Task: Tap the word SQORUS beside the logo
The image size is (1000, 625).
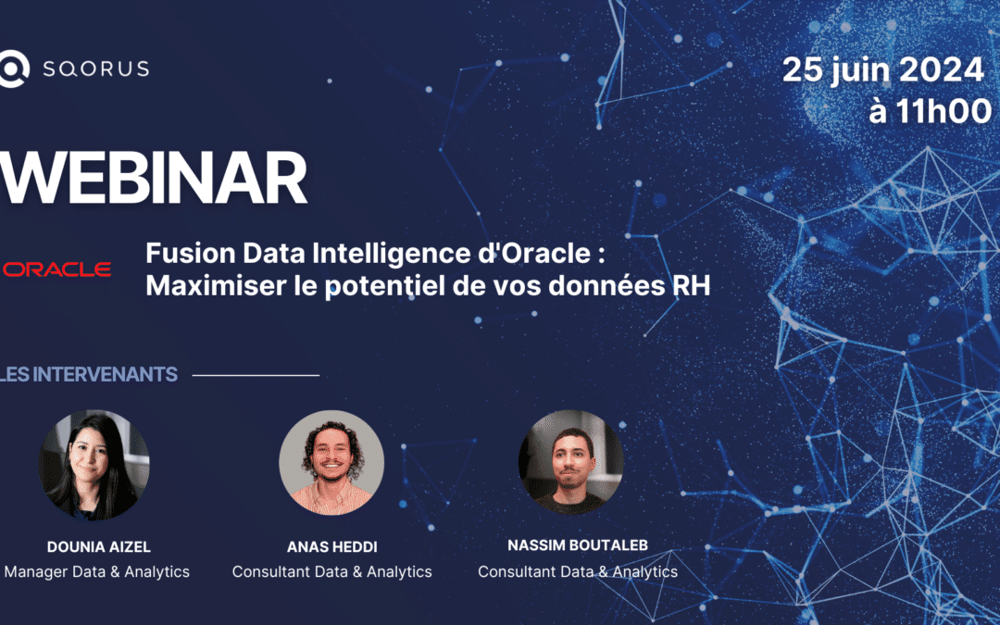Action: (96, 69)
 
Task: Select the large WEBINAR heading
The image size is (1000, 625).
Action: (154, 178)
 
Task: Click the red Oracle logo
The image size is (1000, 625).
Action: (56, 269)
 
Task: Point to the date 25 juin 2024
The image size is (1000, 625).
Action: (883, 69)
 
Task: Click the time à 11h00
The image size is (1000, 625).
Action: (930, 111)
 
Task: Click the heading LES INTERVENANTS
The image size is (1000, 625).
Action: (89, 374)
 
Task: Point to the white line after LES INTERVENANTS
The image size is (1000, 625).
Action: (256, 376)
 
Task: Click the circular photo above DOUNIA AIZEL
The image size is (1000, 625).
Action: (94, 465)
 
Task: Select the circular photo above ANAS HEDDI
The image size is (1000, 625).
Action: (331, 462)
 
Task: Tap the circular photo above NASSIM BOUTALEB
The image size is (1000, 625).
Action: (570, 462)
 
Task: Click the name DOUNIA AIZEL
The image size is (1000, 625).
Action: (99, 546)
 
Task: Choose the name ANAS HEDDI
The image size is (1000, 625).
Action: (332, 546)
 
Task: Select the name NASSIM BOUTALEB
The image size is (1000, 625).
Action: (578, 545)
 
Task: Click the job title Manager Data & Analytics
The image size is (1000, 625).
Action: (97, 571)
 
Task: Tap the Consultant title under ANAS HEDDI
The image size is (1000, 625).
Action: (331, 571)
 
